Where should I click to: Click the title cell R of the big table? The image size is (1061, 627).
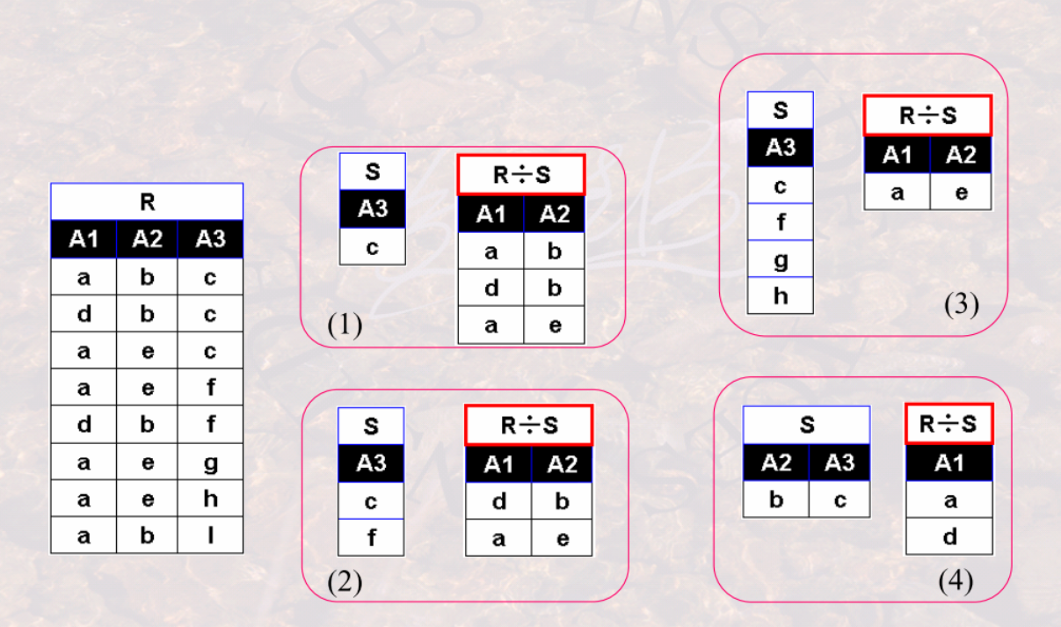pos(147,202)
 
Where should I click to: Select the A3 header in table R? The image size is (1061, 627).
pos(210,239)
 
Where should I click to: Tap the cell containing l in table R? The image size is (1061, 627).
pos(210,536)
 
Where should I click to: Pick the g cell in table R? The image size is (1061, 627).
pos(210,462)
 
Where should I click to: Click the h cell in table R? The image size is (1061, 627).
pos(210,499)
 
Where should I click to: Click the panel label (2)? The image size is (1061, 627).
pos(345,582)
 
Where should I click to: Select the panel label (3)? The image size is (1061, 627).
pos(962,304)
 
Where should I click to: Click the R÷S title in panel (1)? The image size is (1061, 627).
pos(521,174)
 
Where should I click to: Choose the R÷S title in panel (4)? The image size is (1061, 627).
pos(948,424)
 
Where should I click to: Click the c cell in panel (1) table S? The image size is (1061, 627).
pos(373,247)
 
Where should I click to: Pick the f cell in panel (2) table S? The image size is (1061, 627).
pos(371,537)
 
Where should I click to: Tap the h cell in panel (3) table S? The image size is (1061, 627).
pos(781,295)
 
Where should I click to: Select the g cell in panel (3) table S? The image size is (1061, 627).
pos(781,259)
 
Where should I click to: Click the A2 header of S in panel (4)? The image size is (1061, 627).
pos(775,463)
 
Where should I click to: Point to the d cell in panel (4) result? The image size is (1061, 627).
pos(949,536)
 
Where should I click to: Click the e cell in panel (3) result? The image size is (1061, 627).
pos(961,192)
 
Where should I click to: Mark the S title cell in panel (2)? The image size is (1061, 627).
pos(371,427)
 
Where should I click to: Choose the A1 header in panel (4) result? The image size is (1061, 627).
pos(949,463)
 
